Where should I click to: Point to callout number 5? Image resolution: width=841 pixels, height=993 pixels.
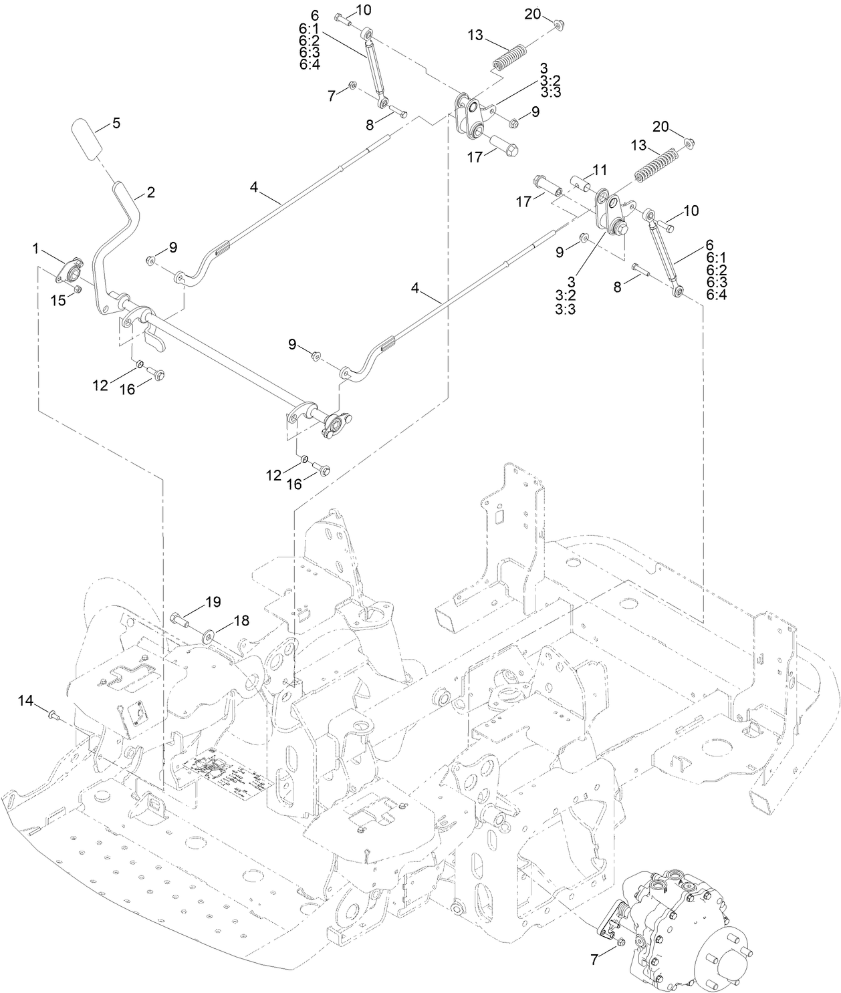click(116, 123)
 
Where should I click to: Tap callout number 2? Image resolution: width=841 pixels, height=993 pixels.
click(150, 192)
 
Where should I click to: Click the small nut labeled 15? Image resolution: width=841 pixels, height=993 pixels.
click(78, 289)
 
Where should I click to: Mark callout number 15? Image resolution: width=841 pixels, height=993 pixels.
click(59, 300)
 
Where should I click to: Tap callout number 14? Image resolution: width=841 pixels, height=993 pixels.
click(25, 700)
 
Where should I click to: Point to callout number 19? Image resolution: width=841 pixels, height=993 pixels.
click(213, 602)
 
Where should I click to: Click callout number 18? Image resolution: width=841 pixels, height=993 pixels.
click(241, 621)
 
